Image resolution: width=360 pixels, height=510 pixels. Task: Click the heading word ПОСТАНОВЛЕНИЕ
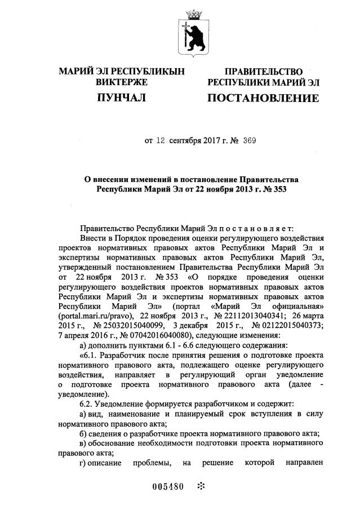pyautogui.click(x=263, y=99)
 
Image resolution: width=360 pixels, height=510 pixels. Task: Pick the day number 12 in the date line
pyautogui.click(x=161, y=142)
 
